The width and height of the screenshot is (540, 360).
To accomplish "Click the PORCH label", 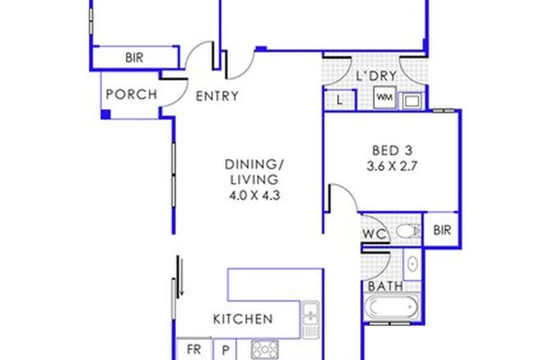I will [x=132, y=95].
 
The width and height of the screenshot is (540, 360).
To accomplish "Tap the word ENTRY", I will [x=217, y=96].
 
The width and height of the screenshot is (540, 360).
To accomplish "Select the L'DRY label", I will [x=376, y=77].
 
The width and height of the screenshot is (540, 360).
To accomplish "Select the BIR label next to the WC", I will [x=443, y=231].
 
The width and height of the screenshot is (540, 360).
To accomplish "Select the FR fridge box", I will [x=193, y=349].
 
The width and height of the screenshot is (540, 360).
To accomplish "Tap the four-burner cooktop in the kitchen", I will [x=264, y=349].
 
